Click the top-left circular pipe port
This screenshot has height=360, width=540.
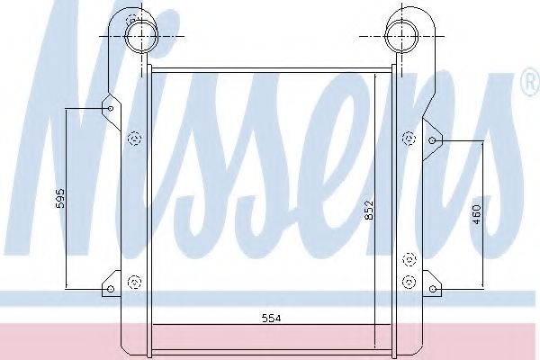[139, 36]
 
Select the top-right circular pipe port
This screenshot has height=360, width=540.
[398, 36]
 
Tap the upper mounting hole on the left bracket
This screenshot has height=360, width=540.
[110, 109]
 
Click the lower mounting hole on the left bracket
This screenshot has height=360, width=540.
[110, 289]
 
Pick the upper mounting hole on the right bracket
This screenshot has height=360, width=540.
[432, 141]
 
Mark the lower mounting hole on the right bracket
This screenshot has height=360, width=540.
[432, 289]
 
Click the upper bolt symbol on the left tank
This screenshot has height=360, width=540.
[135, 138]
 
